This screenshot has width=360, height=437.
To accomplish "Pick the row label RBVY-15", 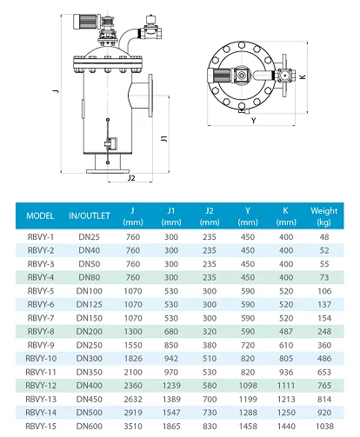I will [41, 427].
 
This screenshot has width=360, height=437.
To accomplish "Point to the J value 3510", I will [133, 427].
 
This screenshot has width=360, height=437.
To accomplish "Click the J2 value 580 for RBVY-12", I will [210, 385].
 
